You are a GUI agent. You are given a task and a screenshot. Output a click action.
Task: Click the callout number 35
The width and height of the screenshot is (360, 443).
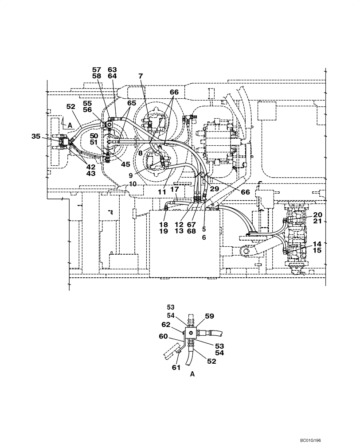pyautogui.click(x=36, y=136)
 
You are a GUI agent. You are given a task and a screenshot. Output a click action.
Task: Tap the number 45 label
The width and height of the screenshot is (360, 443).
pyautogui.click(x=125, y=164)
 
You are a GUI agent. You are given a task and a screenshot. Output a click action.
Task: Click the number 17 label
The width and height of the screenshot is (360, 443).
pyautogui.click(x=175, y=189)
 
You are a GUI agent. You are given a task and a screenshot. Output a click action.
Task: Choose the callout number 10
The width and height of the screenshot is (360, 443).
pyautogui.click(x=133, y=183)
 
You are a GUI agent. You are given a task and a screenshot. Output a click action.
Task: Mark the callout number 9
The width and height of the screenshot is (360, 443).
pyautogui.click(x=131, y=175)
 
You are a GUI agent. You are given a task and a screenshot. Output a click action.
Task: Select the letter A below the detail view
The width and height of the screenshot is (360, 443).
pyautogui.click(x=192, y=374)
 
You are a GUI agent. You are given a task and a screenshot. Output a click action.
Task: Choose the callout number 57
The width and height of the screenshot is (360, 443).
pyautogui.click(x=97, y=70)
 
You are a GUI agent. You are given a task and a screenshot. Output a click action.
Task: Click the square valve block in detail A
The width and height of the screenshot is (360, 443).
pyautogui.click(x=191, y=333)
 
